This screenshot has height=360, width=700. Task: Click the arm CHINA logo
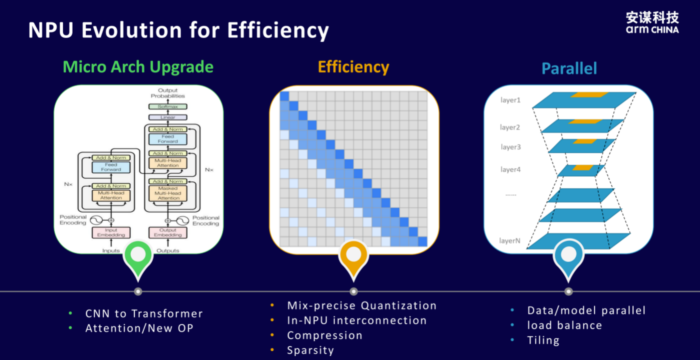pos(652,22)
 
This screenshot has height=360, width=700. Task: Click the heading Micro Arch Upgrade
pos(138,67)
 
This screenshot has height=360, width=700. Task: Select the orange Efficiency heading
pos(353,67)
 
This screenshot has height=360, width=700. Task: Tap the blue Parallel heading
pos(569,68)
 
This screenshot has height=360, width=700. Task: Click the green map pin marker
pos(138,260)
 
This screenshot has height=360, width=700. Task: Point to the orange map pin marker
pos(353,260)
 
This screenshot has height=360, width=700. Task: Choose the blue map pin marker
pos(568,260)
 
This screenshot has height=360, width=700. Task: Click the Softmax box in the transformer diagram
pos(168,106)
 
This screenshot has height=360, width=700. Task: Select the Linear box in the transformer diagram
pos(168,117)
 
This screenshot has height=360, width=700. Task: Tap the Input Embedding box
pos(111,232)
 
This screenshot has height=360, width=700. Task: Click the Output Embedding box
pos(168,232)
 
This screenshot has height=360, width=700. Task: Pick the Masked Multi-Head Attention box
pos(168,193)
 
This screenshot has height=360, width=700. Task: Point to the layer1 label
pos(510,100)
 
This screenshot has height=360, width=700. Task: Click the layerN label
pos(509,240)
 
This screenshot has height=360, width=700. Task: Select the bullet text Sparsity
pos(310,350)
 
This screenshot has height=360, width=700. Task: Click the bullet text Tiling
pos(543,340)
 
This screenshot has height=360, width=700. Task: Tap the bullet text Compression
pos(324,335)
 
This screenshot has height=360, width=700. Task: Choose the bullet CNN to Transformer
pos(144,313)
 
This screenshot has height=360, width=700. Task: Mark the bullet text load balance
pos(564,325)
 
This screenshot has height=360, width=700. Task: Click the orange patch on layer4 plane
pos(583,168)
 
